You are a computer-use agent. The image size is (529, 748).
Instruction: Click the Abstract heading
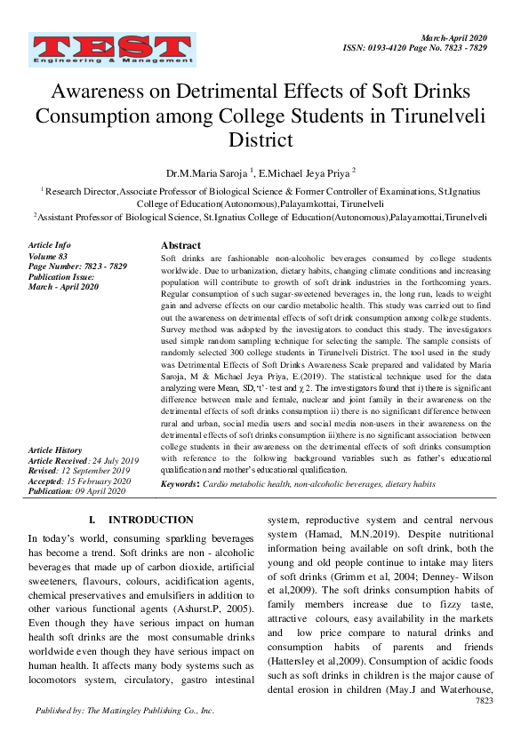(180, 245)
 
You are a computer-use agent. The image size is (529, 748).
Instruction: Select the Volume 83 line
(48, 255)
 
